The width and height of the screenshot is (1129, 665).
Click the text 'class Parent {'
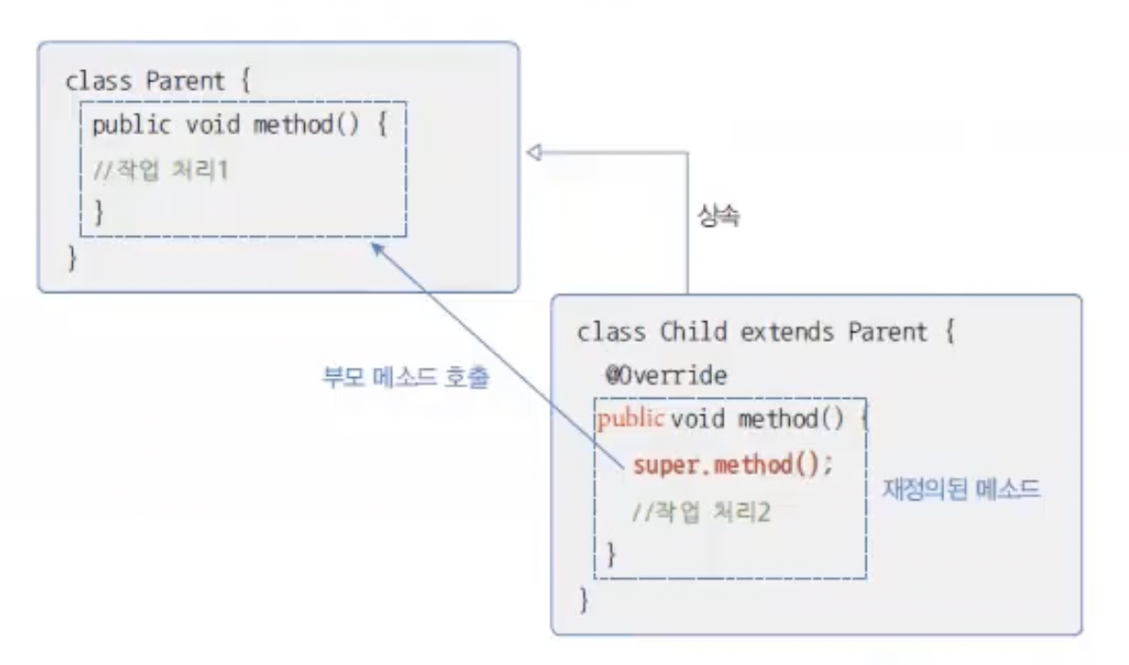(157, 81)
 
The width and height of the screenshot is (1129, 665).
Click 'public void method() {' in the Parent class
(240, 126)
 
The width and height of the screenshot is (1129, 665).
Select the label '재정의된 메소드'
(961, 491)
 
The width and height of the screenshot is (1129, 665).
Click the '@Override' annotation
(667, 376)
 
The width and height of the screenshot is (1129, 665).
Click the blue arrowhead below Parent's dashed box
(378, 248)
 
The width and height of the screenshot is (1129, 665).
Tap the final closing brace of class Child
(583, 599)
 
